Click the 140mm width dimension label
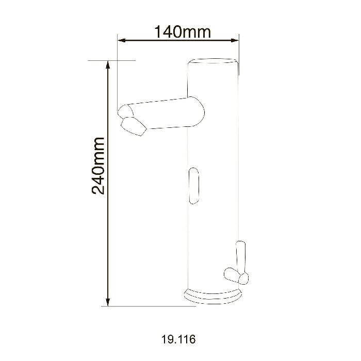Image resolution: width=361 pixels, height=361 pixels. point(182,32)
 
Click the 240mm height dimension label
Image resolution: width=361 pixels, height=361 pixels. point(99,166)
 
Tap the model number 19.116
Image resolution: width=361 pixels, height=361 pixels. point(178,339)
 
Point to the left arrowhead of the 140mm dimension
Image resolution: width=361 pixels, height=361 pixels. point(122,41)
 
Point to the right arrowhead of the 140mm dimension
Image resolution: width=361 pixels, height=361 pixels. point(235,41)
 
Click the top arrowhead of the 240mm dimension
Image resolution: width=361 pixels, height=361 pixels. point(107,64)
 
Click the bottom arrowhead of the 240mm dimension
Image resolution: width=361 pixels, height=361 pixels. point(107,302)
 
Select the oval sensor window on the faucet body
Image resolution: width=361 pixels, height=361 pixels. point(193,186)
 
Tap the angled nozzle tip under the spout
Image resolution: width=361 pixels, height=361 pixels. point(134,126)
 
